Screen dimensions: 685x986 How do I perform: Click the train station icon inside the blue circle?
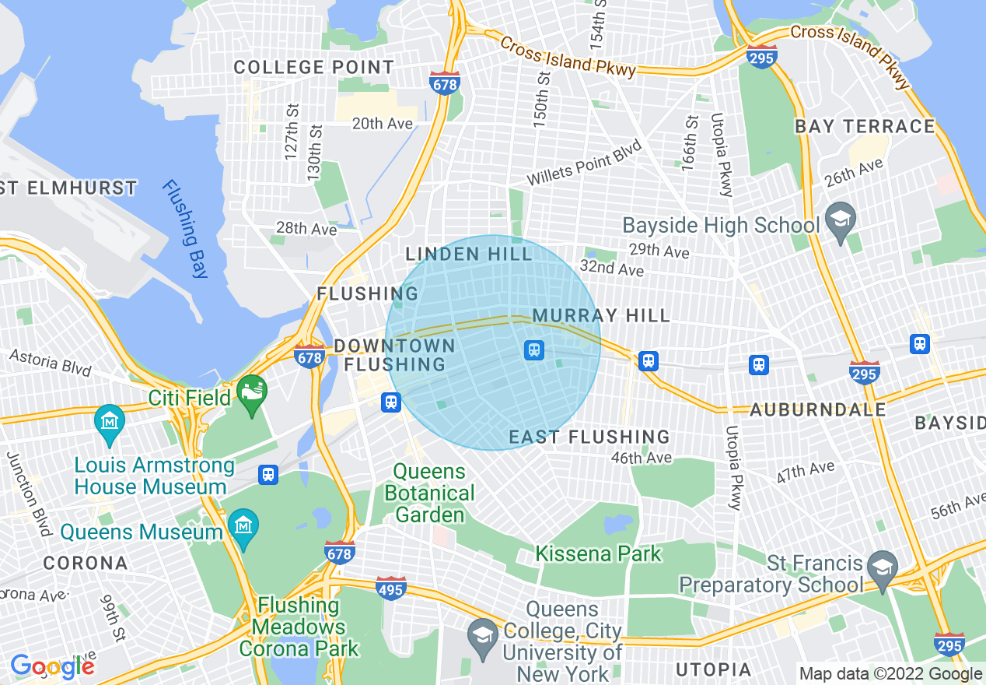[x=534, y=350]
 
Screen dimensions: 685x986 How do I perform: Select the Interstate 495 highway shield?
[x=390, y=588]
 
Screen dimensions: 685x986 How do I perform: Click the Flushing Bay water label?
[x=185, y=229]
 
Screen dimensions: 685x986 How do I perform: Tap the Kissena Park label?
[x=598, y=554]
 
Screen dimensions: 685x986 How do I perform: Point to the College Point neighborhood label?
[x=314, y=67]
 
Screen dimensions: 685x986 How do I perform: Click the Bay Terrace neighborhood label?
[x=865, y=126]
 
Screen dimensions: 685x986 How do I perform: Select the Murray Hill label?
[x=601, y=315]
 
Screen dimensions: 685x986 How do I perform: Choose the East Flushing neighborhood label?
[x=589, y=437]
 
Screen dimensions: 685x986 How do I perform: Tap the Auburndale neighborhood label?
[x=817, y=409]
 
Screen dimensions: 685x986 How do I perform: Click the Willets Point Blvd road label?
[x=584, y=163]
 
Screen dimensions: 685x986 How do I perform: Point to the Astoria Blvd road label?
[x=51, y=363]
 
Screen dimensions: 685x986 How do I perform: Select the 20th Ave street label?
[x=382, y=123]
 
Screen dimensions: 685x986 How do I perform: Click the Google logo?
[x=52, y=666]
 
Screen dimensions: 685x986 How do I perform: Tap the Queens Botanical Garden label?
[x=429, y=493]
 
